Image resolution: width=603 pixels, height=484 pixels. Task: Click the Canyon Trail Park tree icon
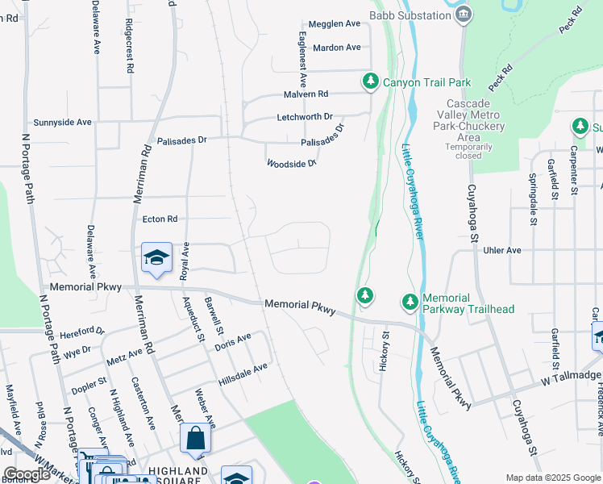point(370,81)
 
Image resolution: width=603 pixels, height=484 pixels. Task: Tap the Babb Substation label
point(410,15)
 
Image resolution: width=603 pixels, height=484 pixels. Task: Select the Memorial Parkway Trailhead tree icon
point(410,302)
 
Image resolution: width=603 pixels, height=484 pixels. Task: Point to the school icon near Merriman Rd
point(156,257)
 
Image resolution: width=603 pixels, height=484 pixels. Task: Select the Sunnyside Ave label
point(63,122)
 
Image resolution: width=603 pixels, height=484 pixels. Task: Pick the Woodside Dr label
point(292,163)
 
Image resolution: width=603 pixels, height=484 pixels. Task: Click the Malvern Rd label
point(306,94)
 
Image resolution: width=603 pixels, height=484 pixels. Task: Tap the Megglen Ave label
point(336,24)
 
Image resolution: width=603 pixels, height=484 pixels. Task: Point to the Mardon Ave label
point(336,48)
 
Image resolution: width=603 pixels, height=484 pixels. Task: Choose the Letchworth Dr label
point(305,117)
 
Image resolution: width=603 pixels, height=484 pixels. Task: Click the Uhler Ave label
point(501,250)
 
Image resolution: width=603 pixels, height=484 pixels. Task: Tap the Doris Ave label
point(233,341)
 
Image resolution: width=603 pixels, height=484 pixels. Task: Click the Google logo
point(27,475)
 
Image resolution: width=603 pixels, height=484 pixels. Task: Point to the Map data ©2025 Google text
point(552,478)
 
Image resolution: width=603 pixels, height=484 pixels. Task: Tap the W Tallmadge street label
point(571,376)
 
